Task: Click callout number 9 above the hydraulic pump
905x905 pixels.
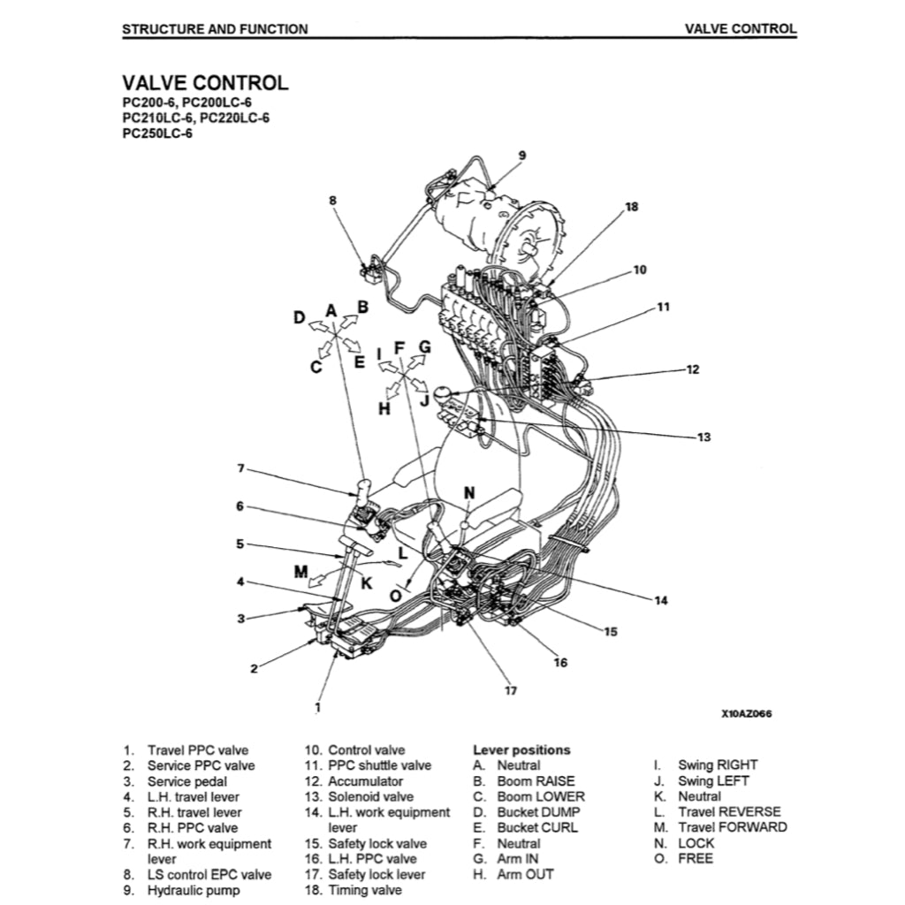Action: (521, 156)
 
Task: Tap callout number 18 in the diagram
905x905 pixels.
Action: (631, 207)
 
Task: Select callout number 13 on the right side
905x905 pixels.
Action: (703, 437)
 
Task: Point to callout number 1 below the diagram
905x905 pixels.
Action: (318, 706)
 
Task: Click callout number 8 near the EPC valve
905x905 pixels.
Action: (333, 201)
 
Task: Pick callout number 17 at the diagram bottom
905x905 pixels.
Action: (510, 690)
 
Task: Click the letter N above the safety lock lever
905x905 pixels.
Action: (469, 492)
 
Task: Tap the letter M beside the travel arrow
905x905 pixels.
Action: (301, 572)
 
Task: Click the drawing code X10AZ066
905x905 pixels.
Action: (747, 714)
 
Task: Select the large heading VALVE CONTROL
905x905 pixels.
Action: (205, 83)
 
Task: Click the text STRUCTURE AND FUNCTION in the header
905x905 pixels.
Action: (215, 29)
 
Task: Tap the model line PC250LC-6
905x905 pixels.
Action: (157, 134)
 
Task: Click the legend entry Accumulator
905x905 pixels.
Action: (365, 781)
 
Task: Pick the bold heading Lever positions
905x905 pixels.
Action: (521, 749)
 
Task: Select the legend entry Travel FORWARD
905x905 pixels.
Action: (732, 827)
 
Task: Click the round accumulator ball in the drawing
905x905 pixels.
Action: (443, 392)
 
